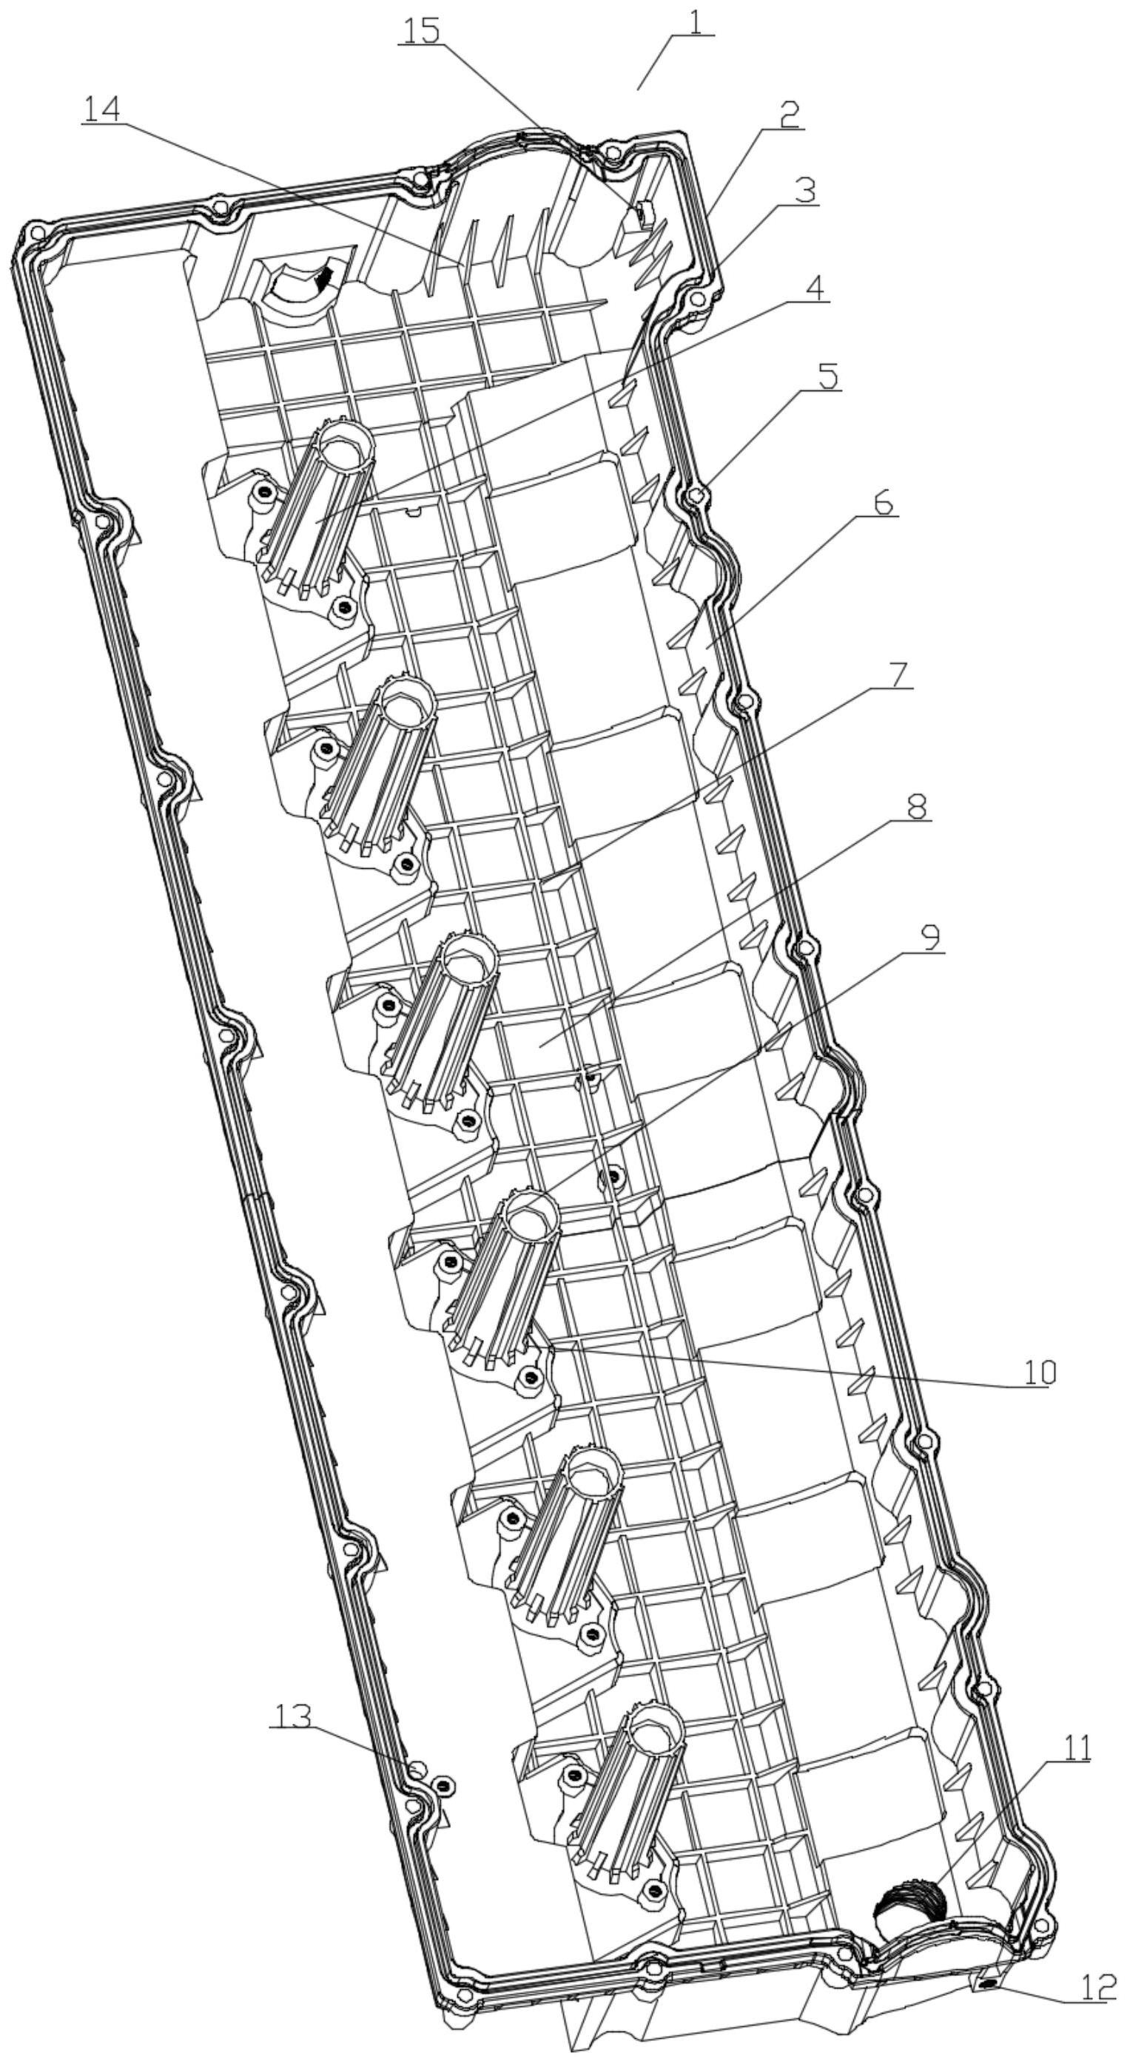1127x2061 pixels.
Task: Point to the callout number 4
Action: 813,288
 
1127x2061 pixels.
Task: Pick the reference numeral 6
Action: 882,504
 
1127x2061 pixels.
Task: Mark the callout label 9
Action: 931,938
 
